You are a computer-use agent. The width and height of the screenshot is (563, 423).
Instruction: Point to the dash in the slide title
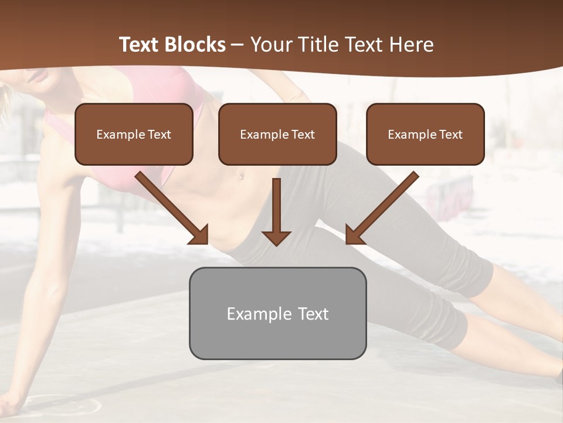pos(238,45)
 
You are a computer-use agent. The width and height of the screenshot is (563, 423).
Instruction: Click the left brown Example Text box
pos(134,134)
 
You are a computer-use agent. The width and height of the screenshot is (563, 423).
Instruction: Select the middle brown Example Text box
pos(277,134)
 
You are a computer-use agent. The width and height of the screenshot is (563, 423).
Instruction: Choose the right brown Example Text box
pos(425,134)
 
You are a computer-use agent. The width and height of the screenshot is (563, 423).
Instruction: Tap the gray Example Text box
pos(277,313)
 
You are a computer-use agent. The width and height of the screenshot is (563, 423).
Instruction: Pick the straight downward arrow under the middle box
pos(276,209)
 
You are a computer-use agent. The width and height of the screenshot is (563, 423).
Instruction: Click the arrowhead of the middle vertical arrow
pos(276,237)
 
